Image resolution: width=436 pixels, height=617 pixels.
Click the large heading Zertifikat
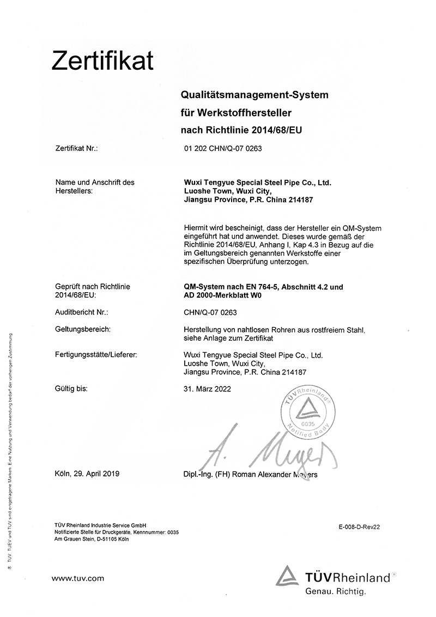point(102,60)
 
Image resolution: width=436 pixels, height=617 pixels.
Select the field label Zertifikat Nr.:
point(76,148)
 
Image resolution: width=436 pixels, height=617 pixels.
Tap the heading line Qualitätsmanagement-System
point(255,95)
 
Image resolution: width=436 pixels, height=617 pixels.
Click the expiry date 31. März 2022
point(209,389)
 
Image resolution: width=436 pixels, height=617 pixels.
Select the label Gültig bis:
point(71,389)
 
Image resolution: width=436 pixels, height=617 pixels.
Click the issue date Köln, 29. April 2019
point(87,474)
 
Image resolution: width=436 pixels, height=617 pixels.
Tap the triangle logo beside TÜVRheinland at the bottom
point(288,577)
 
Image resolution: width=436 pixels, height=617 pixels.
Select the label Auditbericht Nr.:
point(81,313)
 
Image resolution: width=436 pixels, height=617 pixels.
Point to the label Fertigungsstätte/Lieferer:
point(96,355)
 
